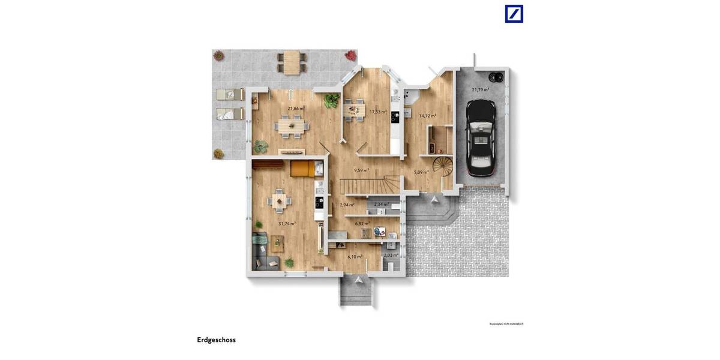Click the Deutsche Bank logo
[514, 14]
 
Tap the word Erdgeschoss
[216, 340]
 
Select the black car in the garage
[481, 137]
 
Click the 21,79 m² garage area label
[480, 89]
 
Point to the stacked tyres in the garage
[496, 77]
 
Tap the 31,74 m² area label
[287, 223]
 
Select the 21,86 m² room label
[295, 109]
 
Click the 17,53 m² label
[377, 112]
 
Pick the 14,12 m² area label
[427, 116]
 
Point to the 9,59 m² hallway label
[361, 170]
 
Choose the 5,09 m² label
[421, 172]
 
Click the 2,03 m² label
[391, 255]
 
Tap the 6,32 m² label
[362, 223]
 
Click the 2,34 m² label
[381, 205]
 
